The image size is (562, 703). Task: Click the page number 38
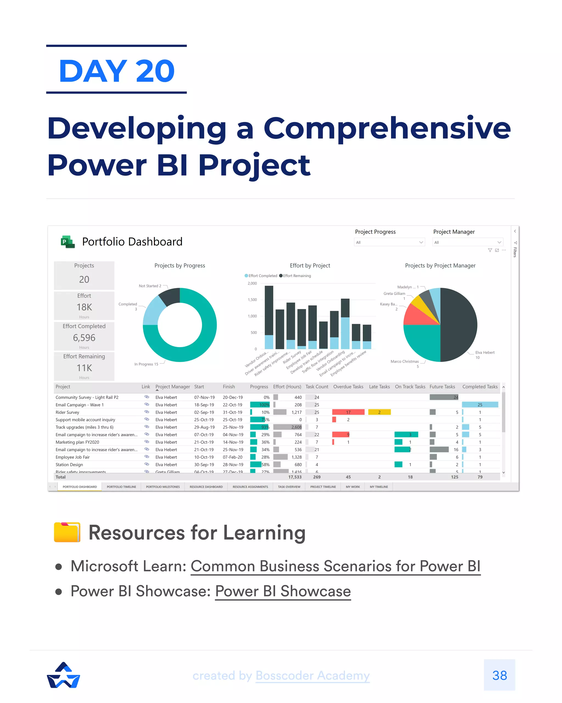coord(499,675)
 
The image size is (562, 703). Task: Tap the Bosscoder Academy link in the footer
coord(313,675)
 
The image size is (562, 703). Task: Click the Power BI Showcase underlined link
coord(283,591)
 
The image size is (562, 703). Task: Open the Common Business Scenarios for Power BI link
coord(335,566)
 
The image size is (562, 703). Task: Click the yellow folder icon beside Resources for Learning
coord(67,532)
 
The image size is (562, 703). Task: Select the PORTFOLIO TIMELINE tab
coord(121,487)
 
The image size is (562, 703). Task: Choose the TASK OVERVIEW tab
coord(289,487)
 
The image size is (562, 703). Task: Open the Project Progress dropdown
coord(389,242)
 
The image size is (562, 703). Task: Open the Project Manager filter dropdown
coord(468,242)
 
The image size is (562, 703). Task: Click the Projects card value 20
coord(84,280)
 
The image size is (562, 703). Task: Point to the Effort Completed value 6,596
coord(84,337)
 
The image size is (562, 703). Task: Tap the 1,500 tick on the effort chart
coord(252,300)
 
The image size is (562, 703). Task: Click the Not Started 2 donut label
coord(150,286)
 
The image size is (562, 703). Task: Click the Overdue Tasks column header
coord(348,387)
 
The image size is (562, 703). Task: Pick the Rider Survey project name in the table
coord(68,412)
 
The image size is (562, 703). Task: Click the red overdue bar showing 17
coord(348,412)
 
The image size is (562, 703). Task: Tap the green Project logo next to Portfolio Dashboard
coord(68,242)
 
